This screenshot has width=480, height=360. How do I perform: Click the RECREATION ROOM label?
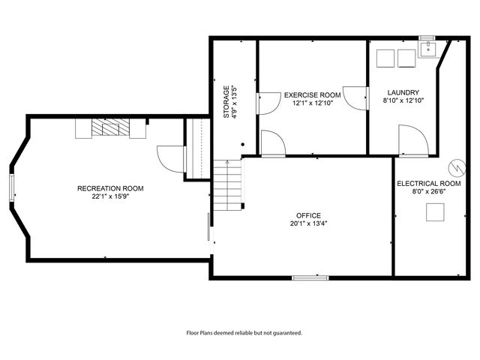[110, 188]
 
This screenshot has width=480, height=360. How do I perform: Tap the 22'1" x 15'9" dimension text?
[110, 196]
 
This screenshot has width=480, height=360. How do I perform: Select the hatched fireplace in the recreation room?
[110, 129]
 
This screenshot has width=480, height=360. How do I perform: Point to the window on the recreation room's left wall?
[11, 187]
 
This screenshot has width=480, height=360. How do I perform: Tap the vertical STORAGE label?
[226, 101]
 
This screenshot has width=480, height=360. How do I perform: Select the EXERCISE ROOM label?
[312, 95]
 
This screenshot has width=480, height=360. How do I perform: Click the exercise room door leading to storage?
[266, 103]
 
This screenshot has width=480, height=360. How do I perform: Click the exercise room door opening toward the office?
[273, 142]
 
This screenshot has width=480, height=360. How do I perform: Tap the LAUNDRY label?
[404, 92]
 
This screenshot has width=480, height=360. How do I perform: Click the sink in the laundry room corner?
[428, 49]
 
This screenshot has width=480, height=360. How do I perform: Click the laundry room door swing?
[412, 140]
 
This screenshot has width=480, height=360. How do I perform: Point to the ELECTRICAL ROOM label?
[428, 184]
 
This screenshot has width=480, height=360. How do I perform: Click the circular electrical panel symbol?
[455, 166]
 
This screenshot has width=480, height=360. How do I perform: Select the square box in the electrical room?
[434, 214]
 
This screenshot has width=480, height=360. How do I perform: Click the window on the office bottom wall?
[310, 278]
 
